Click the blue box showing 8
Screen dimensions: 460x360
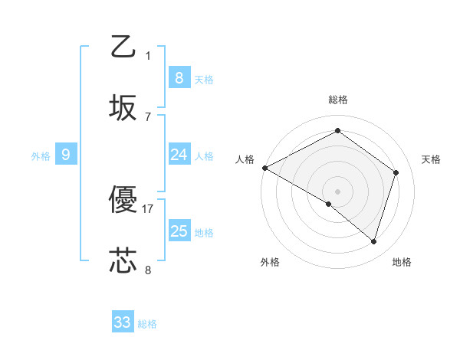pyautogui.click(x=179, y=77)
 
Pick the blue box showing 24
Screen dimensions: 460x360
pyautogui.click(x=179, y=155)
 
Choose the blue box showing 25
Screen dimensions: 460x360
pyautogui.click(x=179, y=231)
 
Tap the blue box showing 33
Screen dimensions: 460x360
pyautogui.click(x=123, y=322)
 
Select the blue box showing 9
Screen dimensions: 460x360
pyautogui.click(x=66, y=155)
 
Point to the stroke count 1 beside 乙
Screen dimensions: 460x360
pyautogui.click(x=148, y=55)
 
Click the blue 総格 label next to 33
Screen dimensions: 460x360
pyautogui.click(x=147, y=324)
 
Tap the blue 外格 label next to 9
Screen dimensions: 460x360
pyautogui.click(x=41, y=155)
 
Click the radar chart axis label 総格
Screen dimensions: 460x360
pyautogui.click(x=337, y=100)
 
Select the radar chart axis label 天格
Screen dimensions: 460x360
pyautogui.click(x=431, y=159)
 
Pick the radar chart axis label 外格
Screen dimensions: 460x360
pyautogui.click(x=270, y=262)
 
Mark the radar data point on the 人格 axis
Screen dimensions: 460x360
pyautogui.click(x=264, y=168)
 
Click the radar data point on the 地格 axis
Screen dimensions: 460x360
pyautogui.click(x=373, y=242)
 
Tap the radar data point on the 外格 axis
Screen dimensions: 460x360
pyautogui.click(x=329, y=205)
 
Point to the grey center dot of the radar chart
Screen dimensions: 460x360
pyautogui.click(x=337, y=191)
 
